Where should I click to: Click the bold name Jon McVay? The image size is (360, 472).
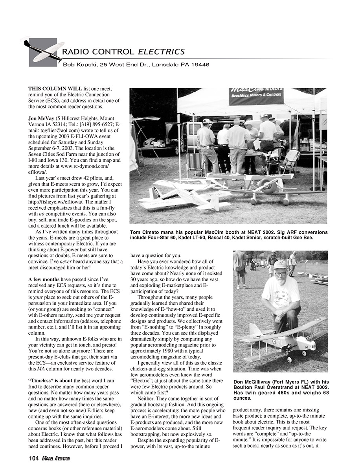coord(41,118)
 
